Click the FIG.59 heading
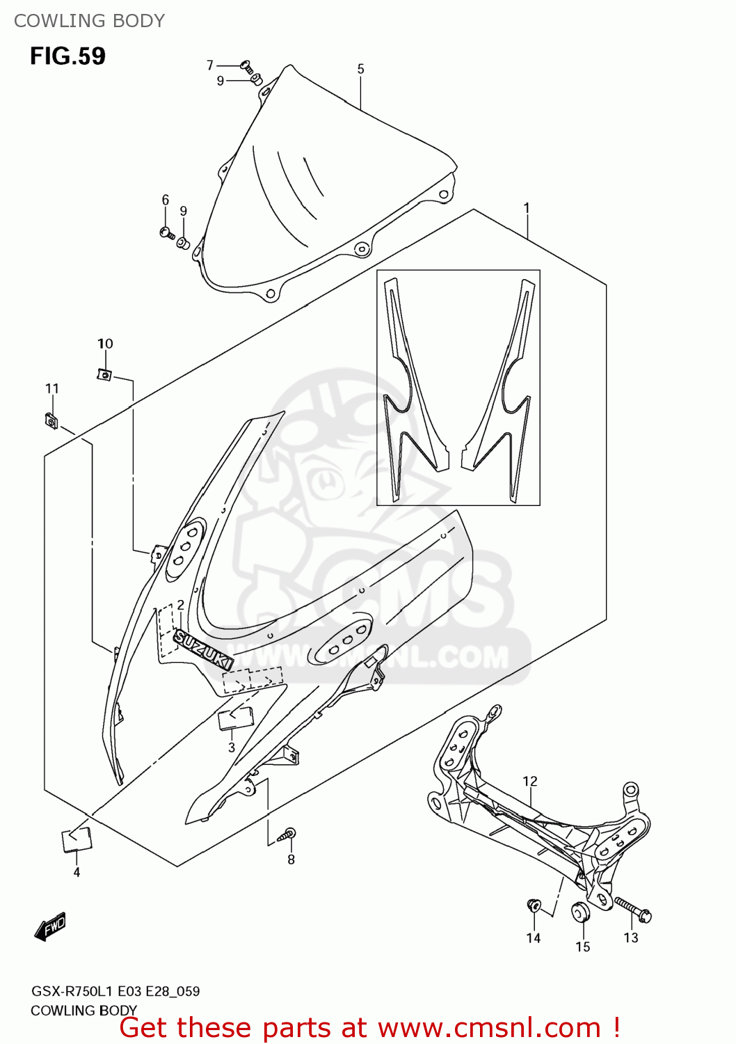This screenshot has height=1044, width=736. click(67, 56)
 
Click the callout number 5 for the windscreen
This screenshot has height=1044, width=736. click(360, 69)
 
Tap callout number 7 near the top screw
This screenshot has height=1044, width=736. click(210, 65)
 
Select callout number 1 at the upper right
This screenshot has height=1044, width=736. click(527, 207)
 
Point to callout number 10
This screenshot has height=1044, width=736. click(105, 344)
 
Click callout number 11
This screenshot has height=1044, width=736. click(52, 388)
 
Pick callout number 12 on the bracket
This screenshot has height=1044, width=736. click(530, 782)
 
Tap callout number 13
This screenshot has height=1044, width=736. click(630, 938)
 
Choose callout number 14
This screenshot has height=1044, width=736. click(533, 938)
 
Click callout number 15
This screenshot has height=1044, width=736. click(582, 947)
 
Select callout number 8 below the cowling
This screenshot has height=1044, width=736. click(291, 860)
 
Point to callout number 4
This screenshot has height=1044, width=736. click(77, 872)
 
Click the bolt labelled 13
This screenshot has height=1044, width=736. click(632, 908)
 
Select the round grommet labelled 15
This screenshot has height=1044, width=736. click(580, 911)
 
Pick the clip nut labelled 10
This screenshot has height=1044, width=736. click(104, 375)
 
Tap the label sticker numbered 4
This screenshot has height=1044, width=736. click(77, 839)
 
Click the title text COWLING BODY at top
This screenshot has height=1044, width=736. click(89, 21)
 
